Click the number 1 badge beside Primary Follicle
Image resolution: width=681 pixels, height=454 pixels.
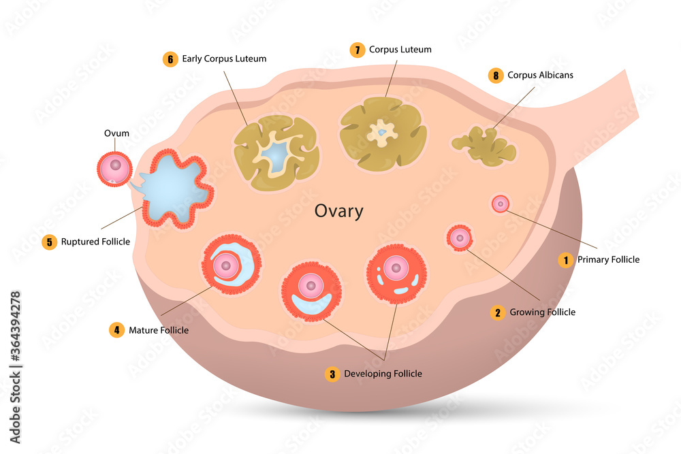[x=565, y=259]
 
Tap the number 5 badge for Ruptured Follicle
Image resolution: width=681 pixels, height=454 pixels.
[x=48, y=242]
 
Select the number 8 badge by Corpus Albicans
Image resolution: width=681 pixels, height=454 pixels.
[x=496, y=76]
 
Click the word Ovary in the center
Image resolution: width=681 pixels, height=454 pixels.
[x=338, y=211]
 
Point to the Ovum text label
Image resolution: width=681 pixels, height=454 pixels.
[x=116, y=133]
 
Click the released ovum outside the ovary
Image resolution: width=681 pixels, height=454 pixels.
[x=114, y=168]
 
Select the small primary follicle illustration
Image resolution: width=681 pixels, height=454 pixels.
[x=501, y=203]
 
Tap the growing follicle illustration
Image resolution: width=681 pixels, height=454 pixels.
[x=460, y=237]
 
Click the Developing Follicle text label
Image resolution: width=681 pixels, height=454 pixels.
[x=383, y=374]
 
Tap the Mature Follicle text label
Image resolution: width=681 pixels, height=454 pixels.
[x=159, y=330]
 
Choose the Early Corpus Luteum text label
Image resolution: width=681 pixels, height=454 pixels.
[x=224, y=59]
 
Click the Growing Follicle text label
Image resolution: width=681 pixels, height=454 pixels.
[x=543, y=312]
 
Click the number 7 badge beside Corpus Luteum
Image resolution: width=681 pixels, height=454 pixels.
[x=358, y=50]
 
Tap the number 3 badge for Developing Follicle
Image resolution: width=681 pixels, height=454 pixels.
[x=332, y=374]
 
